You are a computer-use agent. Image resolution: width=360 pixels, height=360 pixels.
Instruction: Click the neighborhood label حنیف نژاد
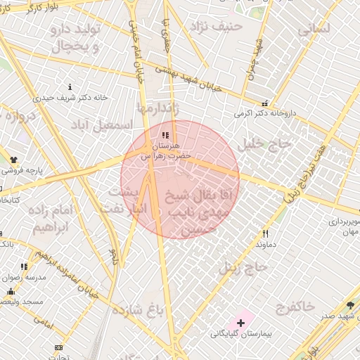(221, 26)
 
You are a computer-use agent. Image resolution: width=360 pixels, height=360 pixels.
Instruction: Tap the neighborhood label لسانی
(313, 30)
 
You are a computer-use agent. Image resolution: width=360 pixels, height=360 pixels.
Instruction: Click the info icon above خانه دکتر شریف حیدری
(69, 86)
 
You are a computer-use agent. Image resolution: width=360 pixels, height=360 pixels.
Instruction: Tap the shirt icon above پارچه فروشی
(13, 159)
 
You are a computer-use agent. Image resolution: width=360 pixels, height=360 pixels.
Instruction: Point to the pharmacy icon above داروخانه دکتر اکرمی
(264, 102)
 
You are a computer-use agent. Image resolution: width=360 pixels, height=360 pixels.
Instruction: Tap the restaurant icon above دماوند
(265, 233)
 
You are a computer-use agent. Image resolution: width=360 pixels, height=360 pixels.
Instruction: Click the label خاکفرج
(295, 307)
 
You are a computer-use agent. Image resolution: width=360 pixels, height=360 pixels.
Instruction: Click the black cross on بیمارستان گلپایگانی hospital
(241, 322)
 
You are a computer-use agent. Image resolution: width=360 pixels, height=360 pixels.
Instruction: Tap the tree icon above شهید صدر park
(350, 304)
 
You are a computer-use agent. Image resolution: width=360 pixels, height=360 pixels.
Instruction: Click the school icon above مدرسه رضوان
(25, 266)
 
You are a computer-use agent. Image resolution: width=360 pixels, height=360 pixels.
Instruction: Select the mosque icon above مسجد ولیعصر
(11, 292)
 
